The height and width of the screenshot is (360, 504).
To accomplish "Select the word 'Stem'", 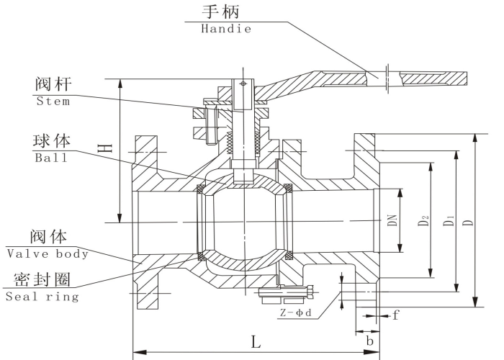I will pos(53,102).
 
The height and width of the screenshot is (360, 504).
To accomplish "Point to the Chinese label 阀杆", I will pos(53,84).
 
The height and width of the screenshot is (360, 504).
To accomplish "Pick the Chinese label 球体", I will pos(51,140).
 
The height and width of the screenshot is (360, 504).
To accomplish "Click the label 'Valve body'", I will pos(48,253).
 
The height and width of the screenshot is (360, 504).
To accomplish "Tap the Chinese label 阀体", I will pos(48,236).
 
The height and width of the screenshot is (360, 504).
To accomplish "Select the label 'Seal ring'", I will pos(42,297).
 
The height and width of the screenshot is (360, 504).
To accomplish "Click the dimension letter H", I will pos(106,148).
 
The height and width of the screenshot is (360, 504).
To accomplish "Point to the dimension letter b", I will pos(369,339).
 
